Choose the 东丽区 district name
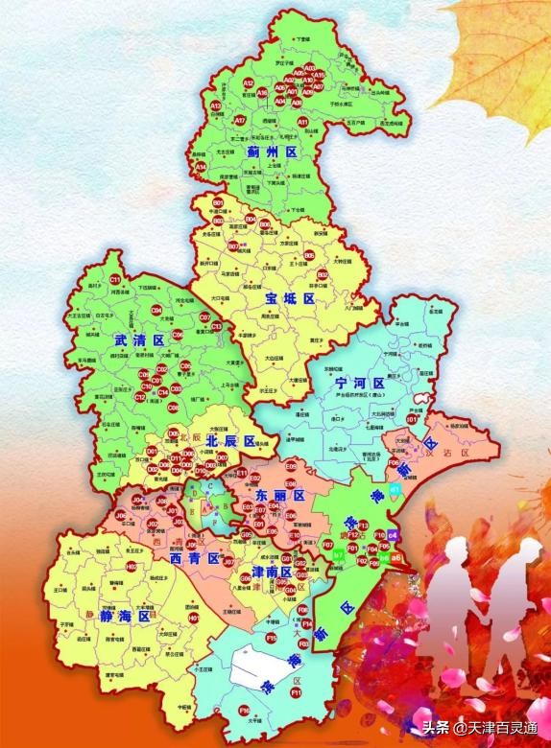coord(279,496)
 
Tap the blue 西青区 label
coord(188,558)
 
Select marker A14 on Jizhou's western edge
coord(201,167)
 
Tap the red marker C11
coord(114,279)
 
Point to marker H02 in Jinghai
coord(132,567)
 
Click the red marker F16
coord(244,710)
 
